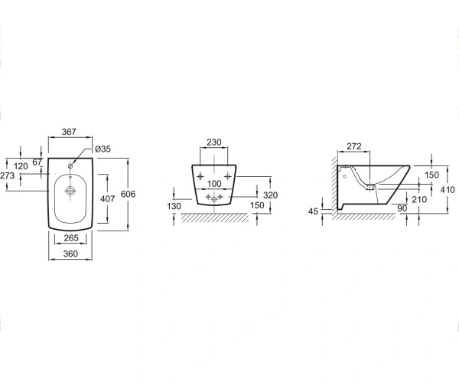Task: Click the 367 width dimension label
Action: point(69,132)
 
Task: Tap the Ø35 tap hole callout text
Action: point(103,149)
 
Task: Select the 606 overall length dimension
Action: point(129,194)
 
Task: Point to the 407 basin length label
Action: point(107,199)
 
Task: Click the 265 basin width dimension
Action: point(71,238)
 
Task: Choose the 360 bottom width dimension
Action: point(70,254)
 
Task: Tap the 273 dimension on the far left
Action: point(8,175)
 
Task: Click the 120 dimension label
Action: point(21,166)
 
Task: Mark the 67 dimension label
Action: point(37,162)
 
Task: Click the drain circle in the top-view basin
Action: point(70,191)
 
